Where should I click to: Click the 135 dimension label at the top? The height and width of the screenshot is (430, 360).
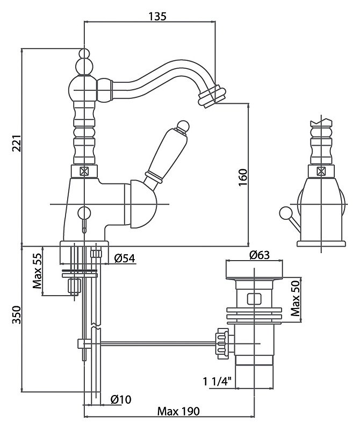point(157,17)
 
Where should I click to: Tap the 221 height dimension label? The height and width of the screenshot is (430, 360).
point(17,143)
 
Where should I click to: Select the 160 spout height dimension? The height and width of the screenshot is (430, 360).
point(243,177)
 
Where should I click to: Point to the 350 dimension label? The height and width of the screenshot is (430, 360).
point(17,314)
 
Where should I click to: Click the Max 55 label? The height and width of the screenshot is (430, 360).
point(37,271)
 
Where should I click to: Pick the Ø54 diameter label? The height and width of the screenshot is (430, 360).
point(125,258)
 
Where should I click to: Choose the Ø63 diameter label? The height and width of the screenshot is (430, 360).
point(260,255)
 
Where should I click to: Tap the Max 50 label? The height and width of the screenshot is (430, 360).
point(296,299)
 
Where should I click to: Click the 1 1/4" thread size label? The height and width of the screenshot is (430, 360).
point(217,381)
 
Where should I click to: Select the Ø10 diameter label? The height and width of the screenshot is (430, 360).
point(121,399)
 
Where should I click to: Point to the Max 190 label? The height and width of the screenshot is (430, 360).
point(178,411)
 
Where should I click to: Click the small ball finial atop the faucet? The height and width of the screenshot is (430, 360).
point(84,53)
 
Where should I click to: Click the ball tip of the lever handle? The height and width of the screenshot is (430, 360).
point(183,126)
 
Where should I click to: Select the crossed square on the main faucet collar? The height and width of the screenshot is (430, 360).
point(84,171)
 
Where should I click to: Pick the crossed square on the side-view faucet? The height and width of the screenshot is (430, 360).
point(321,171)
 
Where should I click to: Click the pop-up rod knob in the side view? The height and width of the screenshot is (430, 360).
point(284,213)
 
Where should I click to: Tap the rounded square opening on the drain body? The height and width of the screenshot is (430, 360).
point(254,299)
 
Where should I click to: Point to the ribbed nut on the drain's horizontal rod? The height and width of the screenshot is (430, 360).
point(222,343)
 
